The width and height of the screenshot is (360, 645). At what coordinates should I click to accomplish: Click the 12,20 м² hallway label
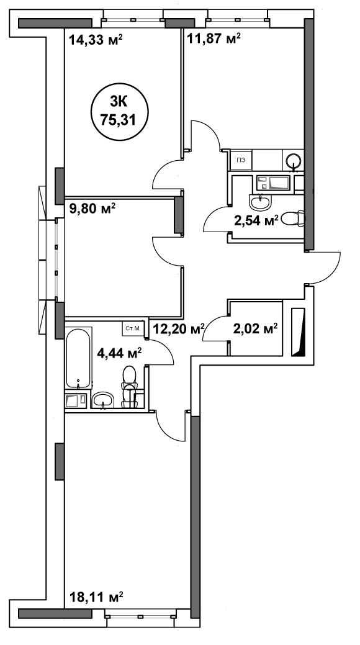179,328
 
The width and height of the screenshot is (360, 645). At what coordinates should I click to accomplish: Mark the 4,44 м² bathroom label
119,353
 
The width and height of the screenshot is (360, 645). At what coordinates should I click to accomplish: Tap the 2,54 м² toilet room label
260,220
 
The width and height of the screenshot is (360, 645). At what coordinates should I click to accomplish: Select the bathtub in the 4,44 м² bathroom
78,358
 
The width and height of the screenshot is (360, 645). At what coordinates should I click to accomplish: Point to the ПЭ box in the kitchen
242,160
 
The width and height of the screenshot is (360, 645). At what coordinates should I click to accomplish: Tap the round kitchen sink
294,160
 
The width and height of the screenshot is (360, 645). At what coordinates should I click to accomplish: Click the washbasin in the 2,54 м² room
260,202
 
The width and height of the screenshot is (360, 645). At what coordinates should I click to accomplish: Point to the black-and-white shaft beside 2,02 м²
299,332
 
